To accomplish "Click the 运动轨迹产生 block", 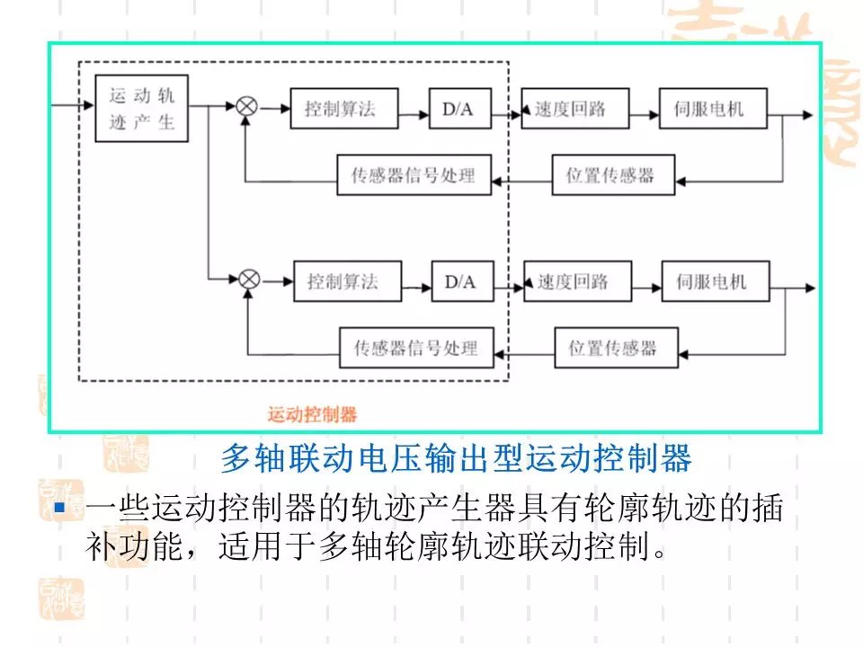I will pos(142,108).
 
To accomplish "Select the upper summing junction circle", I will pos(246,108).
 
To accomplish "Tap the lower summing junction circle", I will pos(249,279).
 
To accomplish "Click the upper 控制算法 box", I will pos(339,110).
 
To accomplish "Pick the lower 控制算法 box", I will pos(343,282).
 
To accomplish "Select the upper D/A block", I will pos(458,110).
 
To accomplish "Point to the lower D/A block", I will pos(460,282).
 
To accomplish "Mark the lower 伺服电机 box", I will pos(711,282).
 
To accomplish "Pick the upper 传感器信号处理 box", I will pos(413,175).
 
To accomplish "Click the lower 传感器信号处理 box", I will pos(415,348).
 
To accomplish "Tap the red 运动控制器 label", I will pos(312,414).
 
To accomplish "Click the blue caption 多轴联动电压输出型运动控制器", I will pos(456,458).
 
